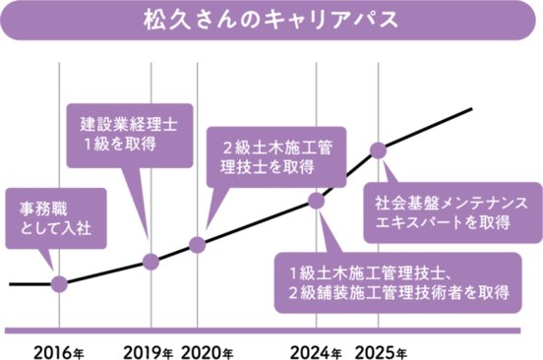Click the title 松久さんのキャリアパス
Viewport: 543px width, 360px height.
(271, 21)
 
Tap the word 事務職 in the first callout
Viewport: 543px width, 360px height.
(44, 210)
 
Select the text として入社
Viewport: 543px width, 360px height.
(56, 229)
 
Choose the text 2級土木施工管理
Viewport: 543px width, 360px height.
(276, 149)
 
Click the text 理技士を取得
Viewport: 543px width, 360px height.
(267, 167)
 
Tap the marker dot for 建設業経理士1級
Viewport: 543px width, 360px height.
(151, 261)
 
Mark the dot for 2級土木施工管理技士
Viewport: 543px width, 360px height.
(197, 242)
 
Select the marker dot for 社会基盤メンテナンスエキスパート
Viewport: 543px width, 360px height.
(377, 149)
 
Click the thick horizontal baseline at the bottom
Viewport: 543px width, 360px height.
(271, 330)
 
